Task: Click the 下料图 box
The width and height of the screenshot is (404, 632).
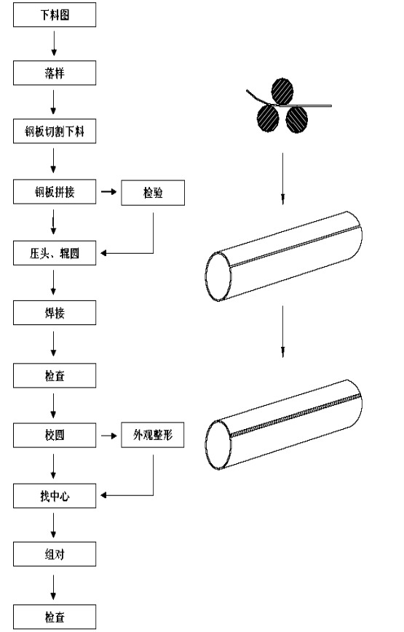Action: [55, 15]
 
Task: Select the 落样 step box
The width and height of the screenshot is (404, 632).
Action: [55, 73]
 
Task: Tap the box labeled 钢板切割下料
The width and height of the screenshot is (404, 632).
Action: [55, 131]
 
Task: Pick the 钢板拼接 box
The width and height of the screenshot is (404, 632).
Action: [55, 192]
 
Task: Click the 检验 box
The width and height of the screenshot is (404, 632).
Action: [153, 193]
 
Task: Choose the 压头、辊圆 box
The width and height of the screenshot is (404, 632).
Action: [55, 253]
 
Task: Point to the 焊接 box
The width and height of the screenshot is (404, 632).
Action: [55, 313]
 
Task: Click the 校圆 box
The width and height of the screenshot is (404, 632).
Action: [55, 436]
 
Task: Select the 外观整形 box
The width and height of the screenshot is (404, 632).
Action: [153, 435]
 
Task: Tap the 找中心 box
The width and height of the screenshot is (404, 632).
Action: [55, 496]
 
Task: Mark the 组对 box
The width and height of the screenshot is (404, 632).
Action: [55, 554]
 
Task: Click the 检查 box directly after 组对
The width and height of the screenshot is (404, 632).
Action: [55, 617]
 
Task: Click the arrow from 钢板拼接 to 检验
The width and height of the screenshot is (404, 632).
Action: [108, 192]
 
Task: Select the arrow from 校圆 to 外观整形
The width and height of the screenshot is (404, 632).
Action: [108, 436]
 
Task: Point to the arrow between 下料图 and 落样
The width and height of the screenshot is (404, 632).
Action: [54, 44]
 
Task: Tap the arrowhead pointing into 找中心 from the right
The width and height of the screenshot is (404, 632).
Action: [103, 495]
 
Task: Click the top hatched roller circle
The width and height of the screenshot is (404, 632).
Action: [282, 91]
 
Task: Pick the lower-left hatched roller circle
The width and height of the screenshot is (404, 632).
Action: [268, 118]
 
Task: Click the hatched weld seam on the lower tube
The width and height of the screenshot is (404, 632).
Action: [296, 415]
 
